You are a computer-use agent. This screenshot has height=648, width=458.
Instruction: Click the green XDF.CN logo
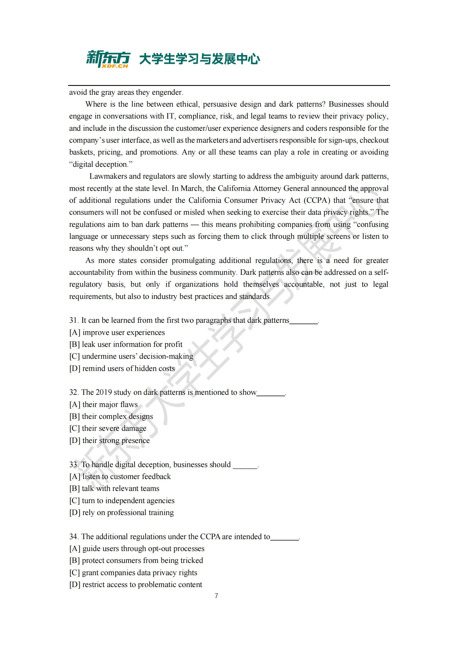[108, 59]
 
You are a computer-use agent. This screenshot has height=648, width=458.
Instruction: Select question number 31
[73, 320]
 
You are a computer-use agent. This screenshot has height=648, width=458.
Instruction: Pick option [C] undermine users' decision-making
[131, 356]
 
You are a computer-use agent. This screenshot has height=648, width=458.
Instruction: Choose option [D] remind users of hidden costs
[122, 368]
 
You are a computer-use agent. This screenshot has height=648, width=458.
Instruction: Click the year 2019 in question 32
[104, 392]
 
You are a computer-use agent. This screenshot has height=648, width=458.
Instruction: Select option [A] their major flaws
[104, 404]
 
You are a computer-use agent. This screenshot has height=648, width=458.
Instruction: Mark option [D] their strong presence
[109, 440]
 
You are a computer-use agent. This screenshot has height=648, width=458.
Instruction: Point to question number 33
[73, 465]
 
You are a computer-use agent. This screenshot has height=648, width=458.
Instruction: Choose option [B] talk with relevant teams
[114, 488]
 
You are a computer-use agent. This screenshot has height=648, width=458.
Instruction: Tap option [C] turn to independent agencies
[122, 500]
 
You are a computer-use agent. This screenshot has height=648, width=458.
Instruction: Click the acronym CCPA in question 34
[210, 537]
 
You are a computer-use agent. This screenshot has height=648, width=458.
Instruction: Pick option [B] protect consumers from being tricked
[136, 560]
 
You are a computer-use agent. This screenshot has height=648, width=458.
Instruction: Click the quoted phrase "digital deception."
[101, 164]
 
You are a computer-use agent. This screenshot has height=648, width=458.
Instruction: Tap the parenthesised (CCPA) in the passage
[317, 200]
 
